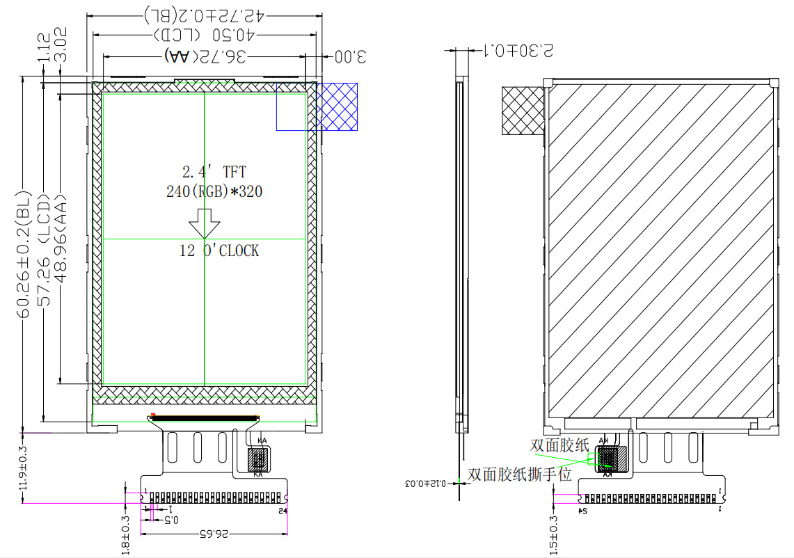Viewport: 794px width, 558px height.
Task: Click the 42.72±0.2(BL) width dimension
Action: click(x=203, y=15)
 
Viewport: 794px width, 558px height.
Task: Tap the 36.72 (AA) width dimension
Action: click(x=205, y=56)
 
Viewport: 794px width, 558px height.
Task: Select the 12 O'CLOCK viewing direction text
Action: click(x=219, y=250)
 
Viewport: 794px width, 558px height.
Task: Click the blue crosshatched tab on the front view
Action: click(x=337, y=106)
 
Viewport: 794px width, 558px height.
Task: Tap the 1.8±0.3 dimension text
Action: click(x=126, y=534)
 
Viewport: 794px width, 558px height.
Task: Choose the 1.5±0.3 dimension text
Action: click(x=554, y=534)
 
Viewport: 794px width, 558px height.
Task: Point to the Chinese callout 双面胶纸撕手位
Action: click(x=520, y=475)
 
